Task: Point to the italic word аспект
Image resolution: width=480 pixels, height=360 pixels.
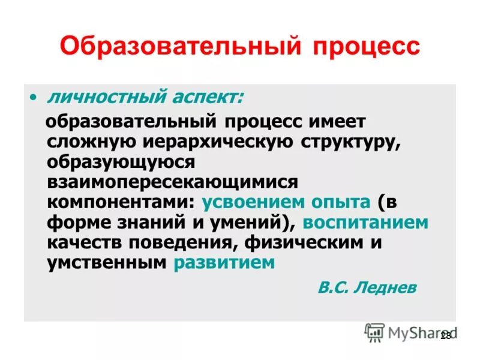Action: [x=203, y=96]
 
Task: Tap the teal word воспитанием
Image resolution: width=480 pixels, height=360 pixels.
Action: [x=365, y=223]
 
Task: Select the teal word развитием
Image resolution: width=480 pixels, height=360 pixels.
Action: [x=224, y=263]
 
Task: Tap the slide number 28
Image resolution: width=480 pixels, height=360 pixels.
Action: [x=445, y=336]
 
